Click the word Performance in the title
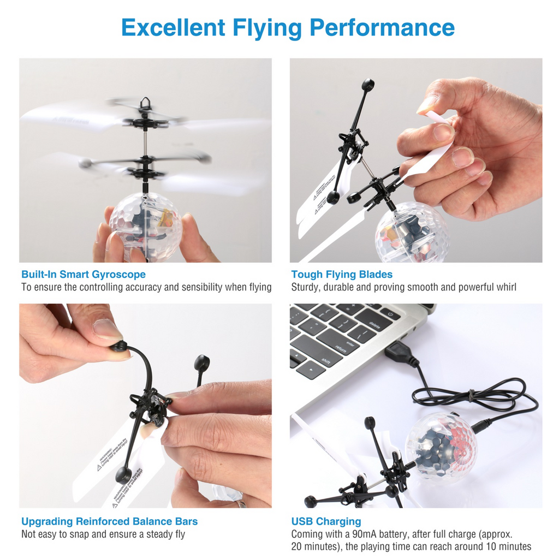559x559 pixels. click(382, 27)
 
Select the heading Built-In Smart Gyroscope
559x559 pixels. click(84, 274)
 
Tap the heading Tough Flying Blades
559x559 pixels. click(342, 274)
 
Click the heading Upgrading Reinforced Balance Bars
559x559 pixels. click(109, 521)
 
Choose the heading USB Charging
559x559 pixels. click(326, 521)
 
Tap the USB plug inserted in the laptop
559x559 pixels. click(401, 354)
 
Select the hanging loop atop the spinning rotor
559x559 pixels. click(145, 103)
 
